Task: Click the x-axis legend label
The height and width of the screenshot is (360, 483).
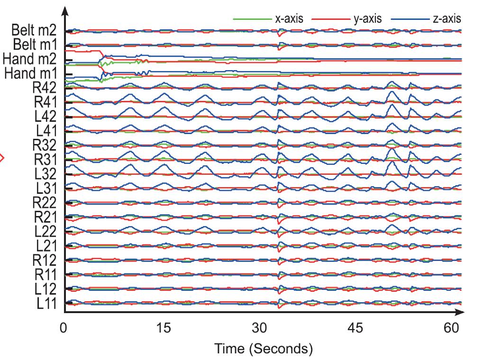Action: click(289, 19)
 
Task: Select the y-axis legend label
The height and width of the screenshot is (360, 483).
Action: click(368, 19)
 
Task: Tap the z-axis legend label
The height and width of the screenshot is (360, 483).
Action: click(447, 19)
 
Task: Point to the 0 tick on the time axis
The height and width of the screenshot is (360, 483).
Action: click(64, 328)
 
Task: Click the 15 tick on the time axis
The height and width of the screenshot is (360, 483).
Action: click(163, 328)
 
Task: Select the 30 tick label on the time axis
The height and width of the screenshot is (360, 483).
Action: click(260, 328)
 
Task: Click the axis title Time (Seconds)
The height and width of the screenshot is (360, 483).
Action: click(264, 349)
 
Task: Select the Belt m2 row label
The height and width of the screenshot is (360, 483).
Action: click(34, 31)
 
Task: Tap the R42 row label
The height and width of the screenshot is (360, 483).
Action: click(44, 88)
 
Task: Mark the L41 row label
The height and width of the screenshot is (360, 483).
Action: click(46, 131)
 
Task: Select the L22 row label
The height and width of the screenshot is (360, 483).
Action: click(46, 232)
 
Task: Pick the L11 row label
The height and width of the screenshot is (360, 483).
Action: click(47, 303)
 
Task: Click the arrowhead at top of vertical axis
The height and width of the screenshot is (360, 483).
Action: click(65, 10)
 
